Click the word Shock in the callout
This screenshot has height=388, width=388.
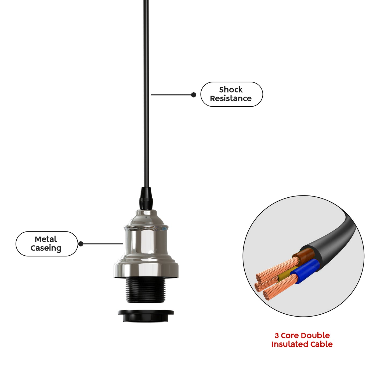(x=231, y=90)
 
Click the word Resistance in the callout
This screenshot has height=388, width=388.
(x=231, y=99)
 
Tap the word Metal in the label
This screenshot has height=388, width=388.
(x=46, y=239)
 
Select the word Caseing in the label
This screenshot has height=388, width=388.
(x=46, y=248)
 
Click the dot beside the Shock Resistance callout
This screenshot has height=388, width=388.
(x=193, y=95)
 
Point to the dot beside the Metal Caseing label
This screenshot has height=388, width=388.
(x=81, y=244)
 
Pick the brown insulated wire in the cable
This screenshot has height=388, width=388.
(x=304, y=255)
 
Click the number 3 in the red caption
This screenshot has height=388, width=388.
(x=277, y=335)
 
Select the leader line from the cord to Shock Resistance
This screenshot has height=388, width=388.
(x=172, y=95)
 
